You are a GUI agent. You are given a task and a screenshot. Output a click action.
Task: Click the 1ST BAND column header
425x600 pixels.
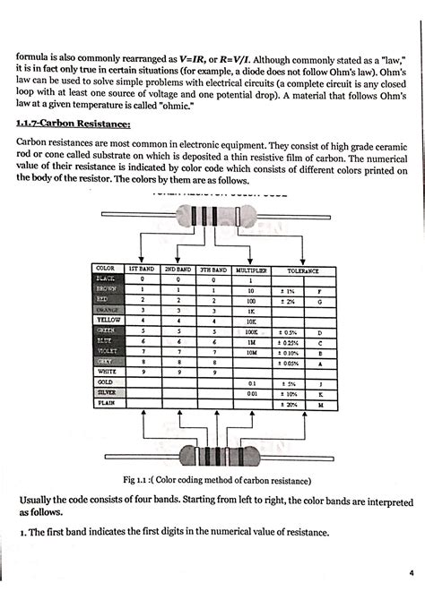(143, 269)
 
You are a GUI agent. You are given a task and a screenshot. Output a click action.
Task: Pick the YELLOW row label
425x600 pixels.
(109, 320)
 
